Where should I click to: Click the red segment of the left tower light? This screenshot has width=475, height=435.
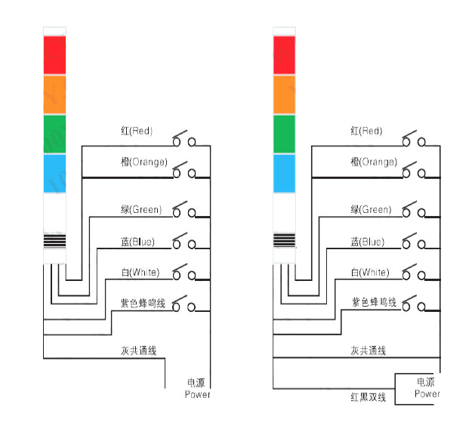(x=55, y=54)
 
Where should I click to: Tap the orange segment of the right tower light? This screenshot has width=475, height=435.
(x=283, y=94)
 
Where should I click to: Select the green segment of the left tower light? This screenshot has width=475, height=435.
(x=55, y=134)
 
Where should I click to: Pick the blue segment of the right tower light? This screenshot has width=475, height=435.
(x=283, y=173)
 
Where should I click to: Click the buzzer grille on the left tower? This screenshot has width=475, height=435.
(x=55, y=241)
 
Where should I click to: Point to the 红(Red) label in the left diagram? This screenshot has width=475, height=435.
(x=136, y=131)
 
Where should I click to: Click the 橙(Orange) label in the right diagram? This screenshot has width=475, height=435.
(x=372, y=162)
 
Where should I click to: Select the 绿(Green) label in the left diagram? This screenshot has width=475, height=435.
(x=141, y=209)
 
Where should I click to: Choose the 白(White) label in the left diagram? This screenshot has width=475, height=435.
(x=140, y=272)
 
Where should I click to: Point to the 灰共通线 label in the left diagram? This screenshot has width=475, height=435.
(x=138, y=351)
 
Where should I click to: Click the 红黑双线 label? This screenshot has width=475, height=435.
(x=368, y=397)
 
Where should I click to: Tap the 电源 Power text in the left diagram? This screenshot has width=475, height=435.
(x=197, y=388)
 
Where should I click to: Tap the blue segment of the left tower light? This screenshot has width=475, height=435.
(x=55, y=173)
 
